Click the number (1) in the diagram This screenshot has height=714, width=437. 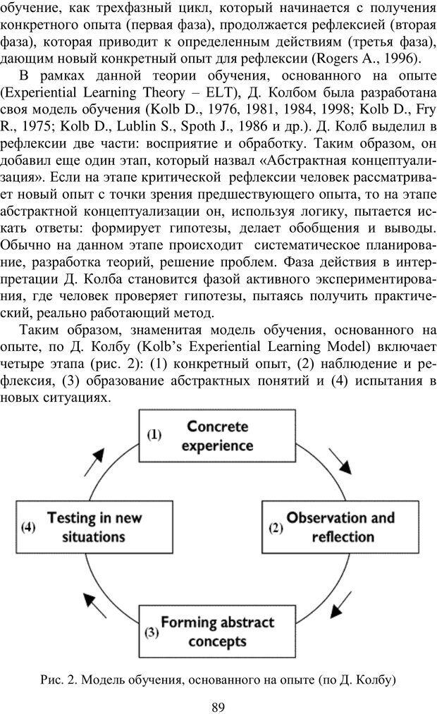[154, 435]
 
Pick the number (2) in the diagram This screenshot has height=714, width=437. [276, 528]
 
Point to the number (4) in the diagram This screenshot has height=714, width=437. [28, 527]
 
